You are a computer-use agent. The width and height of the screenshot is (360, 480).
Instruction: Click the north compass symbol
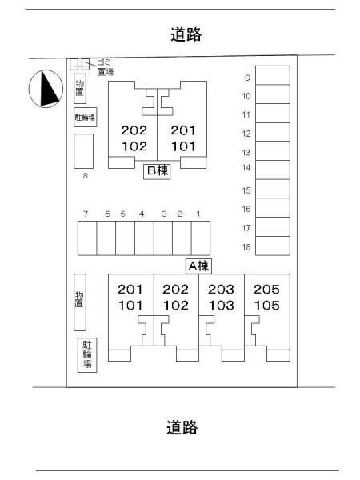coord(46,89)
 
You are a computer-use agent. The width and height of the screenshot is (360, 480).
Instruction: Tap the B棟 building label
coord(157,171)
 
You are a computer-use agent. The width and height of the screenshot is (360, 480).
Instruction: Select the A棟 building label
coord(198,266)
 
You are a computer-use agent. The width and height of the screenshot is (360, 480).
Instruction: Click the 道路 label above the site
coord(186,34)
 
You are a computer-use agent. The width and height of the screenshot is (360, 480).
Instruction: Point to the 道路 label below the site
coord(182,427)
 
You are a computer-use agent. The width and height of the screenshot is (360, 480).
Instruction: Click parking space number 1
coord(201,238)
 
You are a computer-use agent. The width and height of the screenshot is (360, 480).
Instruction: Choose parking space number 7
coord(87,238)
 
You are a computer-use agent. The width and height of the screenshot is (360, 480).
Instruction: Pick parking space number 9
coord(273,75)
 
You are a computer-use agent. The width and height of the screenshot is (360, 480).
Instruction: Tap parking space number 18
coord(273,246)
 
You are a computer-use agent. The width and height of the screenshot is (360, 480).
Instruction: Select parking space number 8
coord(83,151)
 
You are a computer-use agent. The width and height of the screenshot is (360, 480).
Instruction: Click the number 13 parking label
coord(246,153)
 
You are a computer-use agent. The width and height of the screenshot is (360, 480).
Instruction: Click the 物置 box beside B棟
coord(80,89)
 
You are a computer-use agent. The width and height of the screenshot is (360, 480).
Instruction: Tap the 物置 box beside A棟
coord(80,302)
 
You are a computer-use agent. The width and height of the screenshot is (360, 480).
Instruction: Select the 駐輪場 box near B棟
coord(86,117)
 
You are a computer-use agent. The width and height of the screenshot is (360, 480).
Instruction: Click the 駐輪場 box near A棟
coord(87,355)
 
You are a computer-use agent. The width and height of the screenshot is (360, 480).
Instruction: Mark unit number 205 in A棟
coord(266,290)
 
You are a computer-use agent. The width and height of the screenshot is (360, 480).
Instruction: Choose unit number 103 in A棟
coord(222,306)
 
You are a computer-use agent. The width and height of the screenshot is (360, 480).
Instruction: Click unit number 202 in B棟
coord(134,130)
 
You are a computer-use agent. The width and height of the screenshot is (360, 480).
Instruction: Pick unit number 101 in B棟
coord(183,146)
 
